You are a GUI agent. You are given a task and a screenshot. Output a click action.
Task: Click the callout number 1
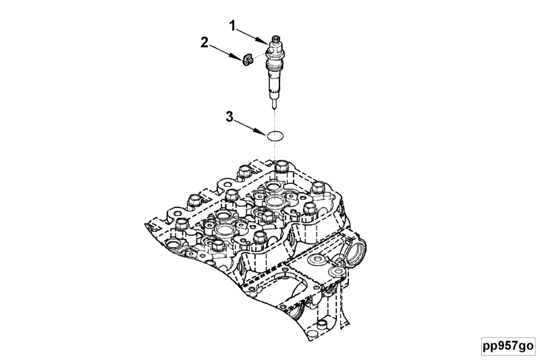pyautogui.click(x=234, y=26)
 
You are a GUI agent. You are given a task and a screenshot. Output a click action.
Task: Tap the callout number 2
pyautogui.click(x=205, y=43)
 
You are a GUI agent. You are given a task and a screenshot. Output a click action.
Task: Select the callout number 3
pyautogui.click(x=230, y=117)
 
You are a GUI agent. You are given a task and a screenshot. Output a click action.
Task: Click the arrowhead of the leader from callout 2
pyautogui.click(x=238, y=57)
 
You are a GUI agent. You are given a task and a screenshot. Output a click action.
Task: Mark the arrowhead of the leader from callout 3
pyautogui.click(x=263, y=132)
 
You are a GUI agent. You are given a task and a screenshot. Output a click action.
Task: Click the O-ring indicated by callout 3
pyautogui.click(x=275, y=136)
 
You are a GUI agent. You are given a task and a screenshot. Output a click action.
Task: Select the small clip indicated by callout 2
pyautogui.click(x=247, y=59)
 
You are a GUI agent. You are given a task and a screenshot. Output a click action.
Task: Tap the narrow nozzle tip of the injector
pyautogui.click(x=275, y=103)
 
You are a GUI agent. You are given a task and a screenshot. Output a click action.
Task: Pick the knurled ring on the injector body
pyautogui.click(x=275, y=65)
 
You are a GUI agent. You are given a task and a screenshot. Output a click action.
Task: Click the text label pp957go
pyautogui.click(x=508, y=346)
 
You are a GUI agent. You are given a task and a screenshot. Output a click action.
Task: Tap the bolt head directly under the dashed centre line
pyautogui.click(x=281, y=167)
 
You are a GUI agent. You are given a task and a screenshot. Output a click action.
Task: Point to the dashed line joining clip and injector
pyautogui.click(x=259, y=57)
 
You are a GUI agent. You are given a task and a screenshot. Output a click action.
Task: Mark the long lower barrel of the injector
pyautogui.click(x=275, y=82)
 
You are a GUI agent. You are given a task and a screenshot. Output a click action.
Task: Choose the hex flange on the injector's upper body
pyautogui.click(x=275, y=53)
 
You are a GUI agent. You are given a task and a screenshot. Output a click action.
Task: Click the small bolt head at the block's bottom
pyautogui.click(x=321, y=324)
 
